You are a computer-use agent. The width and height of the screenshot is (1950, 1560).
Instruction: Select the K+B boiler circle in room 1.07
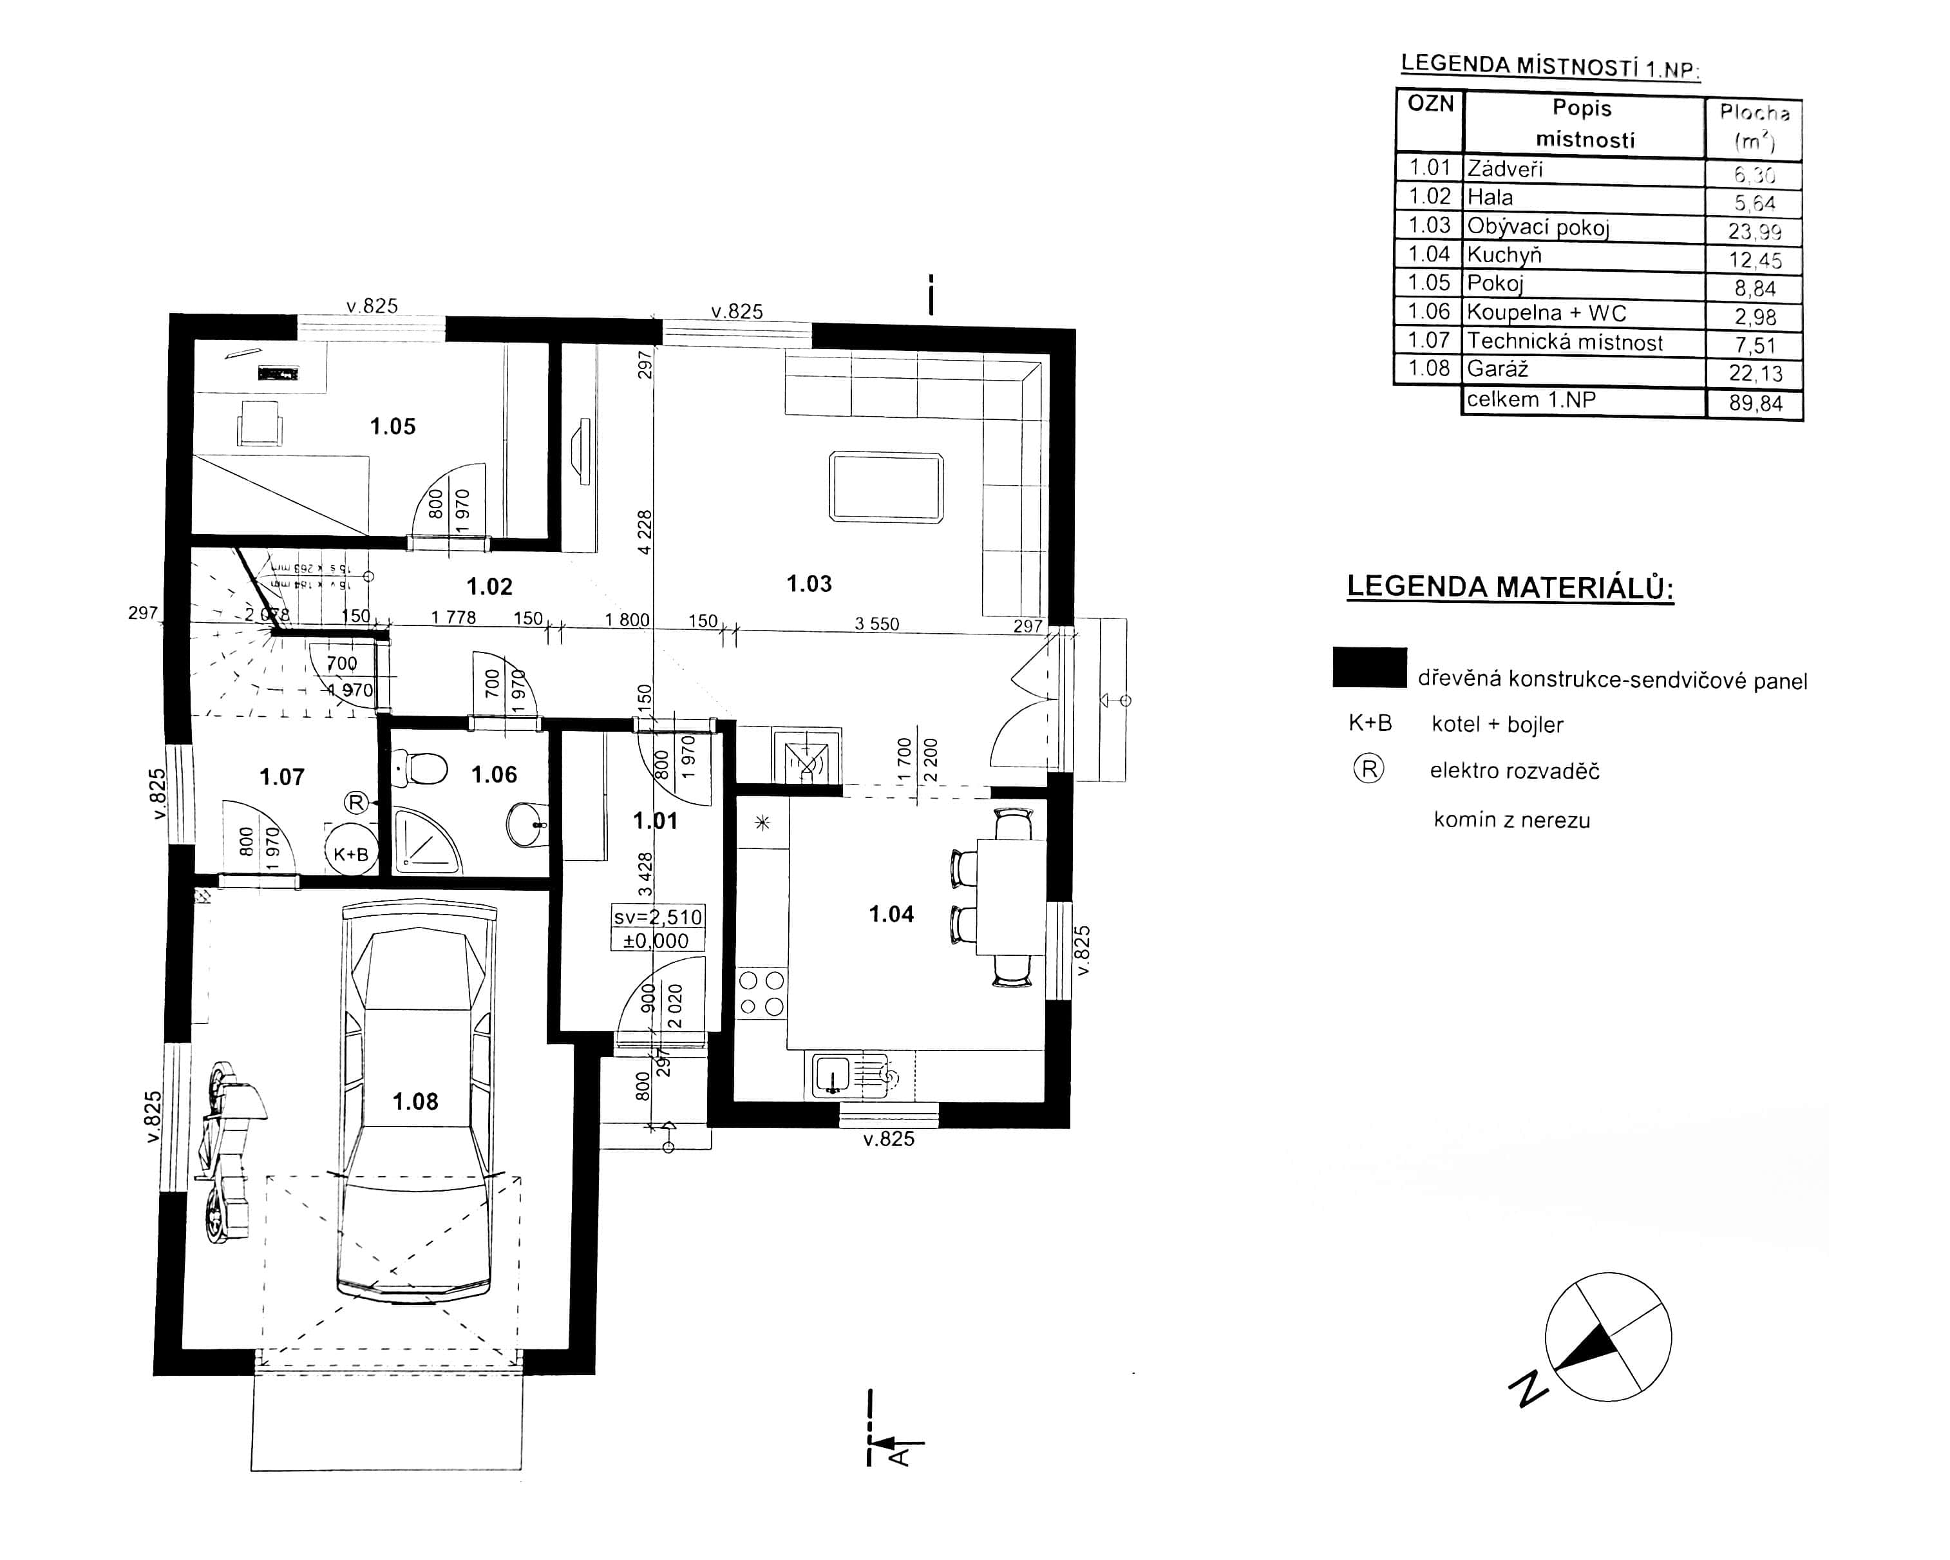[351, 850]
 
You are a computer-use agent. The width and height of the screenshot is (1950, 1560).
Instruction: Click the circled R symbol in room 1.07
[356, 802]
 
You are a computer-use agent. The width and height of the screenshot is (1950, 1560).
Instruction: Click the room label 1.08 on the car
[415, 1101]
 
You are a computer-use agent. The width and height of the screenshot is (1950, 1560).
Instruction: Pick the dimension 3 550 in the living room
[876, 624]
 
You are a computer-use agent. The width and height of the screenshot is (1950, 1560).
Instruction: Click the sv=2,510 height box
[658, 917]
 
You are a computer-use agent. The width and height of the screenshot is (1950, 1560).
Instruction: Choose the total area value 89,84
[1756, 403]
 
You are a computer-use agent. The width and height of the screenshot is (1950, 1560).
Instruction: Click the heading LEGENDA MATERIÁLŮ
[1510, 587]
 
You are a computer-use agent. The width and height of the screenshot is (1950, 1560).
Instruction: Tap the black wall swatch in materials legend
[1369, 667]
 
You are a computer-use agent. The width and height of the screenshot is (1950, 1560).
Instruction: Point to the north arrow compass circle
[1607, 1336]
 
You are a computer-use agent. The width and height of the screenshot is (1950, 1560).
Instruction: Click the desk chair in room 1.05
[260, 423]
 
